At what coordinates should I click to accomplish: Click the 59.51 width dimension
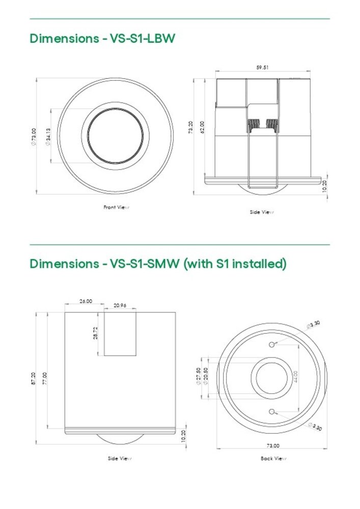tap(262, 67)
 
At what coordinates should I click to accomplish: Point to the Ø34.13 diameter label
tap(47, 136)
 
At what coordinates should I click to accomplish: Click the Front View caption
tap(116, 207)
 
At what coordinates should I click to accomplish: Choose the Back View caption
tap(273, 459)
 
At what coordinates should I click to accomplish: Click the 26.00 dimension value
tap(86, 301)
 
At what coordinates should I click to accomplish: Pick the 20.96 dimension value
tap(120, 306)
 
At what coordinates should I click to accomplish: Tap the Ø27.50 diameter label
tap(199, 377)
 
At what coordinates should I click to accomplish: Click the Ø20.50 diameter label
tap(206, 377)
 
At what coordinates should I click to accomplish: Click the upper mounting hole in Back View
tap(272, 345)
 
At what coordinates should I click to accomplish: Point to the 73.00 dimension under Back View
tap(273, 445)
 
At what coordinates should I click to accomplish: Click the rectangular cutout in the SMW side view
tap(121, 334)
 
